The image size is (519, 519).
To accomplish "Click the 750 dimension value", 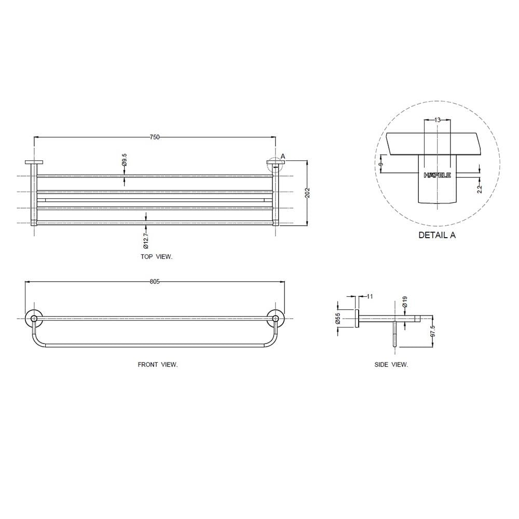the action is tap(155, 137).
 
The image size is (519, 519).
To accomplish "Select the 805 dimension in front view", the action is tap(155, 282).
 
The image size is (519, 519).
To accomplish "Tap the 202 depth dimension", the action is tap(307, 193).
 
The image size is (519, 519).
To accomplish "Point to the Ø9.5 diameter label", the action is tap(125, 159).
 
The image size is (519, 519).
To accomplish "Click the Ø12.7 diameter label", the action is tap(146, 241).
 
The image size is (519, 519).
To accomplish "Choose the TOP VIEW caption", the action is tap(157, 256).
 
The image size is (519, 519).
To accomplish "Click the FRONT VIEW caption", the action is tap(158, 365).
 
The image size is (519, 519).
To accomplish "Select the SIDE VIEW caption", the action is tap(391, 365).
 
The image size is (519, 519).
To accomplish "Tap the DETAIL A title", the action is tap(437, 235).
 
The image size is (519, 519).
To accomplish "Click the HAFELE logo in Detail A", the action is tap(437, 175).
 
